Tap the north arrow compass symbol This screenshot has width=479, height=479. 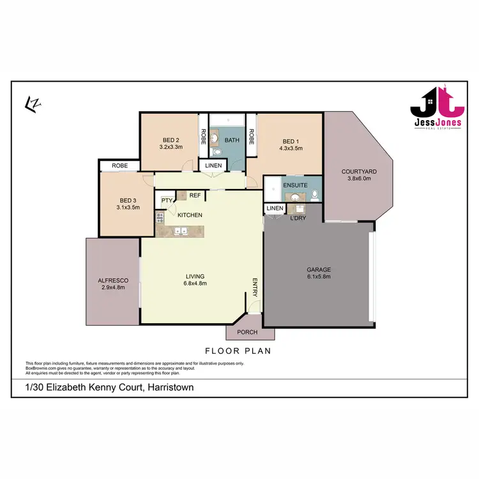(30, 102)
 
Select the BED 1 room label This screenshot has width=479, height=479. (290, 141)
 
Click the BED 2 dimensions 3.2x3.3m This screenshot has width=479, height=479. (171, 147)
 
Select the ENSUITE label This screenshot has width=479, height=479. (296, 186)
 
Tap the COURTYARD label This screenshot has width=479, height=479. (359, 171)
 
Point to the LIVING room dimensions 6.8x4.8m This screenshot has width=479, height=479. (195, 284)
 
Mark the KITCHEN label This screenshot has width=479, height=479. (190, 215)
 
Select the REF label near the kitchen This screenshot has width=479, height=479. (194, 195)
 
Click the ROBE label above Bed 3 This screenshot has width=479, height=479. (120, 166)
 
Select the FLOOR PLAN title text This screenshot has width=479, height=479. (238, 351)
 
